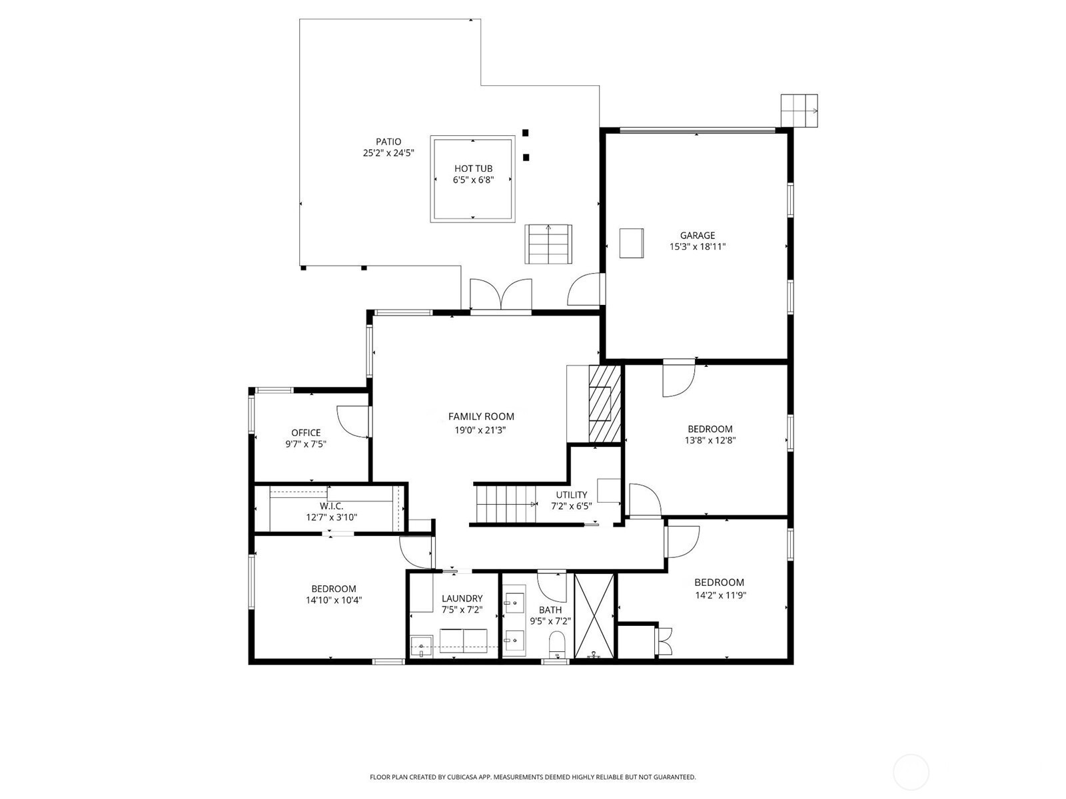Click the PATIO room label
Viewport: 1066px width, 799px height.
(388, 142)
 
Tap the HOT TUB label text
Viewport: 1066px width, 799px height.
(473, 168)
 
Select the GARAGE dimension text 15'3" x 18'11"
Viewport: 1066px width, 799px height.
(697, 246)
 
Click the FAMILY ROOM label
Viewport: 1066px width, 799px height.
(481, 416)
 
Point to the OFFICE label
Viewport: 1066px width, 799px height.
(306, 433)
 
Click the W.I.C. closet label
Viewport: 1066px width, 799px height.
(332, 506)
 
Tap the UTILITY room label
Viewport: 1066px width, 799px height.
(572, 495)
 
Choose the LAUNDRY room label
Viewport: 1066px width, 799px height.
(462, 599)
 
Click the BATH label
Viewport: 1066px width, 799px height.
(550, 610)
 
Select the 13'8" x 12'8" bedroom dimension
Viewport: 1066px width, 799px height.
(710, 441)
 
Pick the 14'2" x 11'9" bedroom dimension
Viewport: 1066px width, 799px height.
(720, 595)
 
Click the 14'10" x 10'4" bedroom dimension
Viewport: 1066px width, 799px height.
(334, 600)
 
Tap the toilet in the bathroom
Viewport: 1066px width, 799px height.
(556, 645)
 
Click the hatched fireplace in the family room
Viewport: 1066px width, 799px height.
(605, 404)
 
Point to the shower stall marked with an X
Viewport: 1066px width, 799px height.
(594, 616)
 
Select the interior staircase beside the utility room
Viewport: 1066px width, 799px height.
(505, 505)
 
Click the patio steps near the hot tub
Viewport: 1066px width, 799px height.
(548, 244)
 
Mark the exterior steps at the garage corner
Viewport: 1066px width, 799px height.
(799, 111)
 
